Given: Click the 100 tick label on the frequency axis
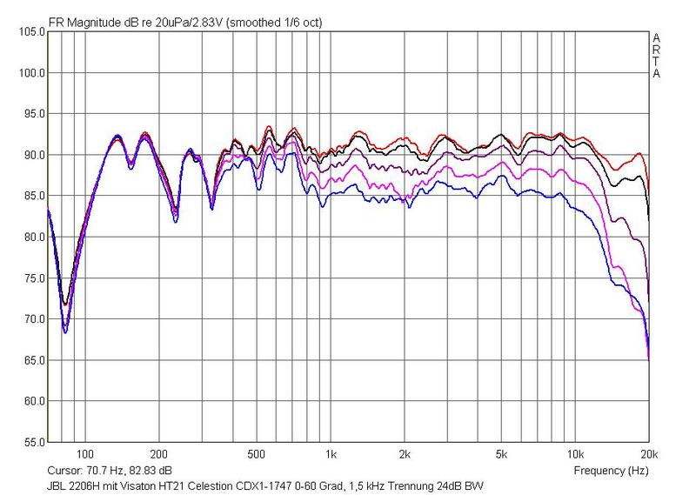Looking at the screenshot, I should click(84, 454).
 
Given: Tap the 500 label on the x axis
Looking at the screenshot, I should click(256, 454).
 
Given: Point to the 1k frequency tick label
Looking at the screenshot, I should click(331, 454).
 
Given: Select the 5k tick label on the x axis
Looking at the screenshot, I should click(502, 454).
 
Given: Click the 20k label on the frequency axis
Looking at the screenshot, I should click(648, 454).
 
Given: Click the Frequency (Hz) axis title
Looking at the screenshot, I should click(612, 470).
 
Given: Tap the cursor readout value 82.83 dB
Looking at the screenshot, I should click(141, 470).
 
